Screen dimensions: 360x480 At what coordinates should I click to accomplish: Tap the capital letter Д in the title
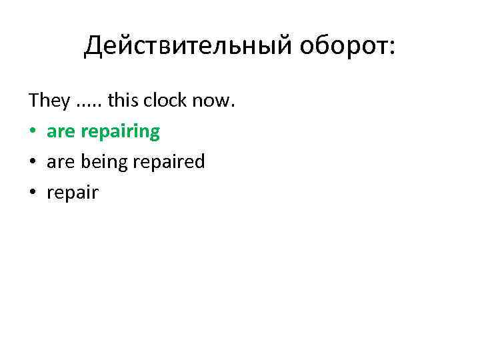point(93,46)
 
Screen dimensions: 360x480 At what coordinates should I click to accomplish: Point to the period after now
point(233,107)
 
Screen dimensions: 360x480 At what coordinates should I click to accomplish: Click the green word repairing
point(120,132)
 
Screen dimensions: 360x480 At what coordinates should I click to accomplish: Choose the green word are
point(61,132)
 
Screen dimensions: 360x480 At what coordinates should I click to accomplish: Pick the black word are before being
point(61,163)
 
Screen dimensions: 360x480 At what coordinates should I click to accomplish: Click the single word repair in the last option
point(73,194)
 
